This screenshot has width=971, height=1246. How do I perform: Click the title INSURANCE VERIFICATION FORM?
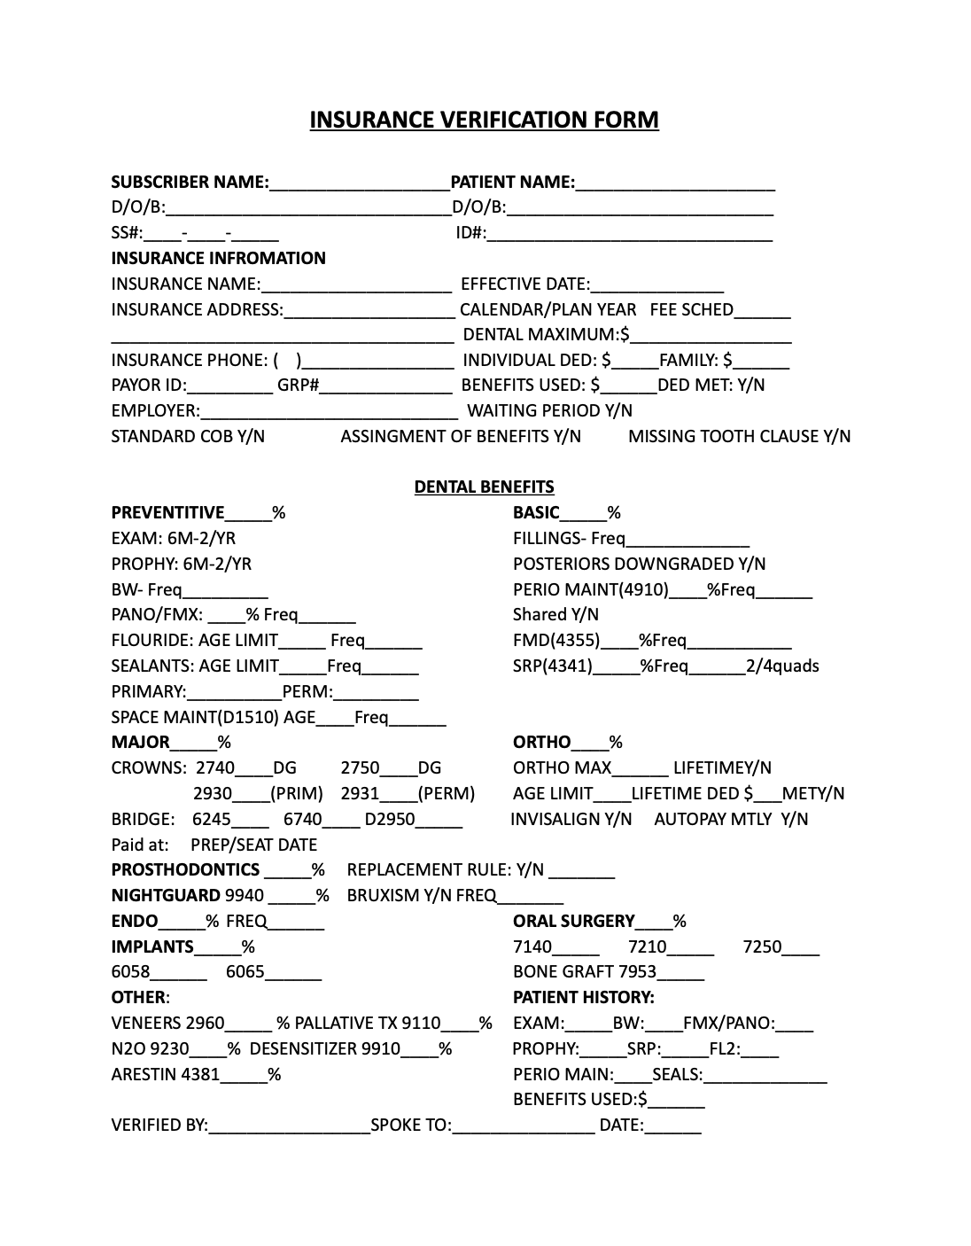click(x=484, y=120)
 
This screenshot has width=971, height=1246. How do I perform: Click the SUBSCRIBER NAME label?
click(x=189, y=183)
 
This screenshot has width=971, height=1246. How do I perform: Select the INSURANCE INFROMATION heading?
click(x=218, y=258)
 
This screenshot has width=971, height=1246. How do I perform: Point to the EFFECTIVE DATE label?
click(x=524, y=284)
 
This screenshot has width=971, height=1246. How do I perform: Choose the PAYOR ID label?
click(x=149, y=385)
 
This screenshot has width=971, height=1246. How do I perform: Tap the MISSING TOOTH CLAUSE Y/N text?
click(x=739, y=436)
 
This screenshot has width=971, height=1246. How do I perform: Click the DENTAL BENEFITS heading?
click(x=484, y=487)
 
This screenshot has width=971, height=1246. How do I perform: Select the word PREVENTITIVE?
click(x=167, y=513)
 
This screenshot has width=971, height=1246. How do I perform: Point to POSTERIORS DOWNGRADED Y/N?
click(x=639, y=565)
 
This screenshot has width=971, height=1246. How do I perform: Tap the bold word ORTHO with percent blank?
click(x=541, y=743)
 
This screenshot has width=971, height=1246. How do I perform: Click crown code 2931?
click(x=360, y=794)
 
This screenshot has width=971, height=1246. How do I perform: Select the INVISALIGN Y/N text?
click(x=571, y=820)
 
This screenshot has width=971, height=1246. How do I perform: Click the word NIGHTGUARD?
click(x=166, y=896)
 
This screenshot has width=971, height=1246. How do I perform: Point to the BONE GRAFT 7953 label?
click(x=585, y=972)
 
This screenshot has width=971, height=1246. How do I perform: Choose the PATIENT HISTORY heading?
click(x=583, y=998)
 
